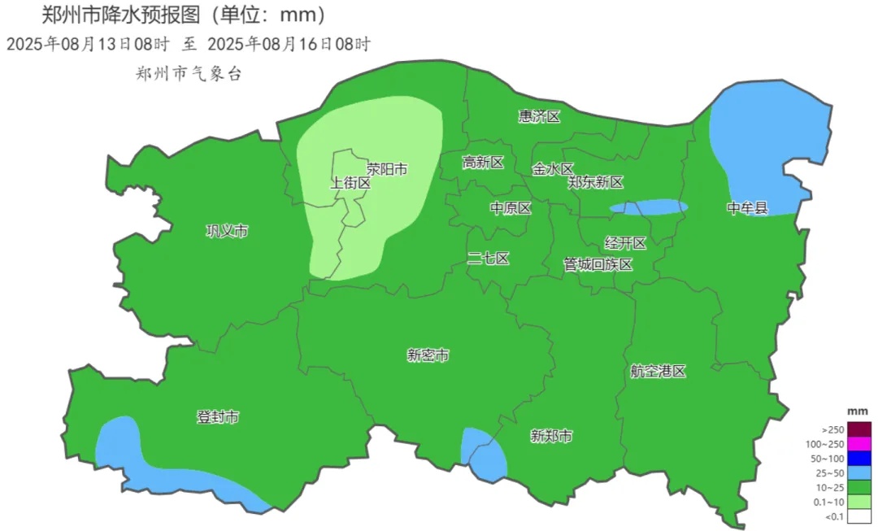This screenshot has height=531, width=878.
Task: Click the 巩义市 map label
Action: coord(227,232)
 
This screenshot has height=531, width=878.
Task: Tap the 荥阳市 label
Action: coord(386,169)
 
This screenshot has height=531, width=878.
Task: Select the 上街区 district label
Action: coord(350,184)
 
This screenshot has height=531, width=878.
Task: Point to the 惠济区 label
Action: coord(540,116)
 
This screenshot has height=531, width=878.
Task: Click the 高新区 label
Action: coord(483,163)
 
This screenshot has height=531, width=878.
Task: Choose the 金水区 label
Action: coord(554,169)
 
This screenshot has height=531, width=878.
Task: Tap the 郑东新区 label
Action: coord(595,182)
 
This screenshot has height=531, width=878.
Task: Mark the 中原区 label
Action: coord(511,208)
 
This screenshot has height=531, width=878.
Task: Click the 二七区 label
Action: coord(489,259)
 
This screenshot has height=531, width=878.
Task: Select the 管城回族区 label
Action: coord(598,264)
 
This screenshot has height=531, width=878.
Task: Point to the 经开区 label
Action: coord(625,243)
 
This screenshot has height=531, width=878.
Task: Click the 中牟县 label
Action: coord(747,208)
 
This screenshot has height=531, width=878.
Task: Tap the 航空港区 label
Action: coord(658,371)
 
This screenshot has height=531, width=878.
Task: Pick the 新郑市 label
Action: coord(551,437)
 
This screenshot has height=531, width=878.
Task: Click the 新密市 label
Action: coord(428,355)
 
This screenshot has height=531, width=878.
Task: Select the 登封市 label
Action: coord(218,417)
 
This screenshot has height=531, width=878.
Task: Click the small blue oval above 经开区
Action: coord(649,207)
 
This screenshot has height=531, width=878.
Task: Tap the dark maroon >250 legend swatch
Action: coord(859,429)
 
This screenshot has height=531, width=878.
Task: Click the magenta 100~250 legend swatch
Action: coord(859,444)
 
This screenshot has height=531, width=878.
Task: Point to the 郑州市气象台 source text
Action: coord(189,73)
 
